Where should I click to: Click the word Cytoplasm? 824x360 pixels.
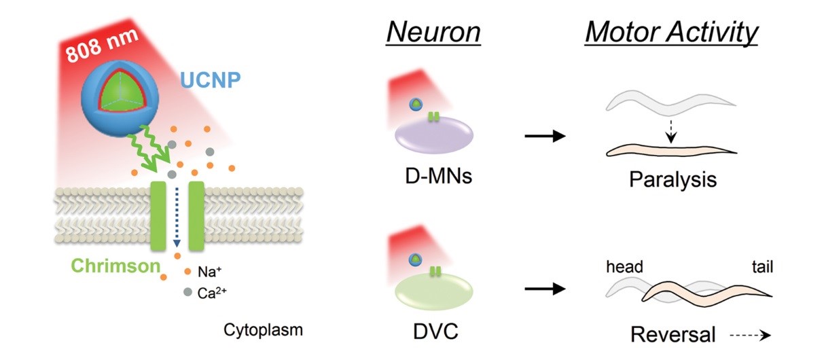(262, 331)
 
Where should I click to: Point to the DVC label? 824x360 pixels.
(434, 334)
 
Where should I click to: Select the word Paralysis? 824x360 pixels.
(673, 181)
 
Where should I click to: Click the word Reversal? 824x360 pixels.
(673, 334)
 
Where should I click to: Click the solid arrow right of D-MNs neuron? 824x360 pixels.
(545, 137)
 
